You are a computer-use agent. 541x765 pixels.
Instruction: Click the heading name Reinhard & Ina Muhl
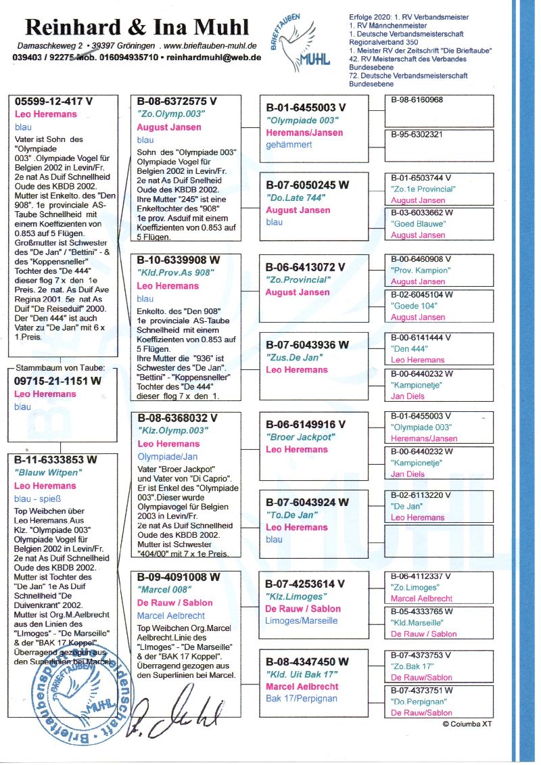click(137, 27)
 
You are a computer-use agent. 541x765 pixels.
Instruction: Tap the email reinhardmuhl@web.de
click(214, 57)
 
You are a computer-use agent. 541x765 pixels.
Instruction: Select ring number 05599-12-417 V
click(54, 101)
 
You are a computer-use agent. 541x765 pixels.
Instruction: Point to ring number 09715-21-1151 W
click(58, 381)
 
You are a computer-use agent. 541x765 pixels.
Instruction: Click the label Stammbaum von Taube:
click(56, 368)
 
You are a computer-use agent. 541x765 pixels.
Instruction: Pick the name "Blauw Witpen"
click(47, 472)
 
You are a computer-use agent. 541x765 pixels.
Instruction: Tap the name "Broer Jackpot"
click(300, 437)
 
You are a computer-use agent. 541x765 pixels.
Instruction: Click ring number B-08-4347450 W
click(308, 662)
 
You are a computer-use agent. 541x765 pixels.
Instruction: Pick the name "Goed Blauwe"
click(414, 224)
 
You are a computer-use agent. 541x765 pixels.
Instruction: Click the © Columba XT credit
click(467, 724)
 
